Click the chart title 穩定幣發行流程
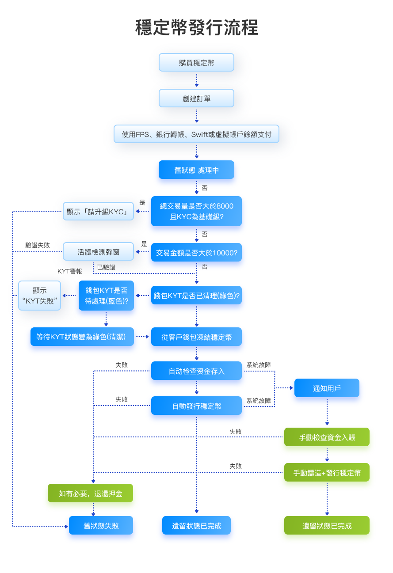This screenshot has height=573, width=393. click(196, 27)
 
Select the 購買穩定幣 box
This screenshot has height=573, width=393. click(196, 62)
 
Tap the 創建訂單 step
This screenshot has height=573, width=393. click(196, 98)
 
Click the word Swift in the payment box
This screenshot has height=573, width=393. click(199, 134)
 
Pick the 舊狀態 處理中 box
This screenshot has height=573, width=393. click(196, 170)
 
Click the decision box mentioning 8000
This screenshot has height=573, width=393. click(196, 211)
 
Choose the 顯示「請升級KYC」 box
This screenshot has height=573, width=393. click(98, 211)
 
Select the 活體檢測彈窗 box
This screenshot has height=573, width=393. click(98, 252)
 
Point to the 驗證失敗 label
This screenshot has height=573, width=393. click(38, 245)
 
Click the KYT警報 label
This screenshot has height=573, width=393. click(70, 271)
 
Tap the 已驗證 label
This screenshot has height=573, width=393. click(106, 267)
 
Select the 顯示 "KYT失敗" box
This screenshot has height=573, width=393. click(39, 296)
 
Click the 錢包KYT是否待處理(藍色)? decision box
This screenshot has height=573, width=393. click(106, 296)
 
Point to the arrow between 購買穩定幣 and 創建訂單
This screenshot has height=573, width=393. click(197, 80)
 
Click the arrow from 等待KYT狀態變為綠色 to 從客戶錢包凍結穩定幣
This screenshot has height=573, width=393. click(142, 337)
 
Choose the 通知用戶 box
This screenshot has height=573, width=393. click(327, 388)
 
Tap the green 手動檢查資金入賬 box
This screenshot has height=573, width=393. click(327, 437)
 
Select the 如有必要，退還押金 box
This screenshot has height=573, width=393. click(90, 493)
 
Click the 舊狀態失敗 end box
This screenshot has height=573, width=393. click(101, 526)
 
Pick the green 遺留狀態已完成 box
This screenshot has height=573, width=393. click(327, 526)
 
